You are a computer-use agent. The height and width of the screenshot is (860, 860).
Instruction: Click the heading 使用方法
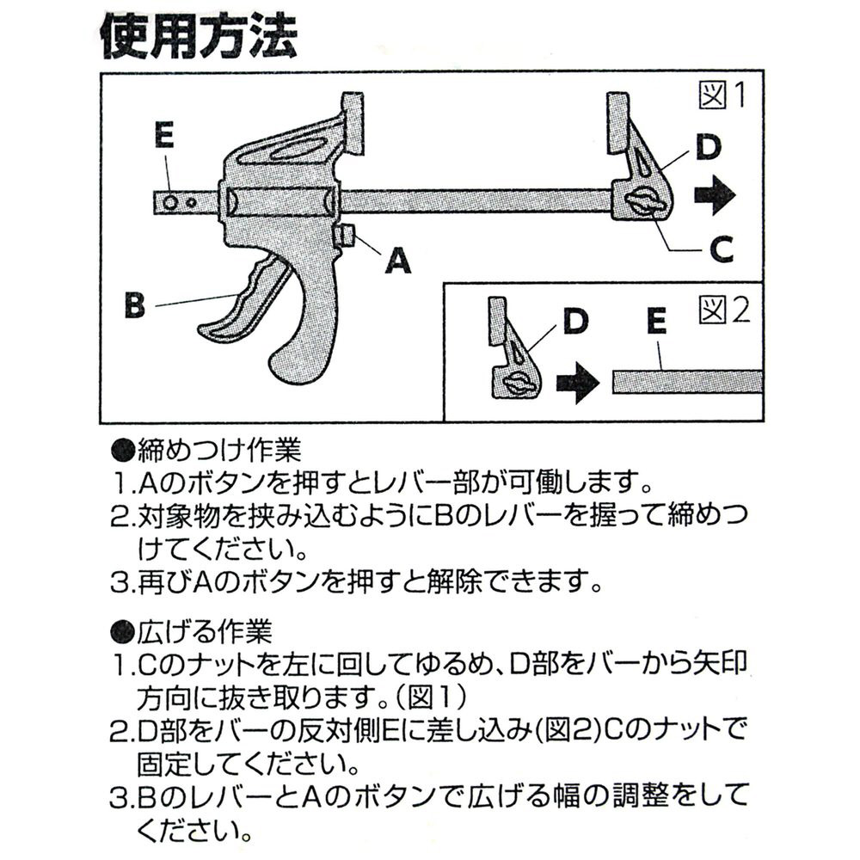[x=199, y=36]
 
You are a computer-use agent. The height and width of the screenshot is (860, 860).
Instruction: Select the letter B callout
[x=134, y=306]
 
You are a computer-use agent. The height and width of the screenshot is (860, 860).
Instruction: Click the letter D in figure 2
[x=575, y=320]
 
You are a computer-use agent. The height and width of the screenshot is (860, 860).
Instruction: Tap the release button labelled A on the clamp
[x=348, y=235]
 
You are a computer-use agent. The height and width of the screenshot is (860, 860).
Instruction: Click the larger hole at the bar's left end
[x=171, y=202]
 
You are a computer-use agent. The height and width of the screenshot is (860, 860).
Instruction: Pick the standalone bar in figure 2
[x=688, y=381]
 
